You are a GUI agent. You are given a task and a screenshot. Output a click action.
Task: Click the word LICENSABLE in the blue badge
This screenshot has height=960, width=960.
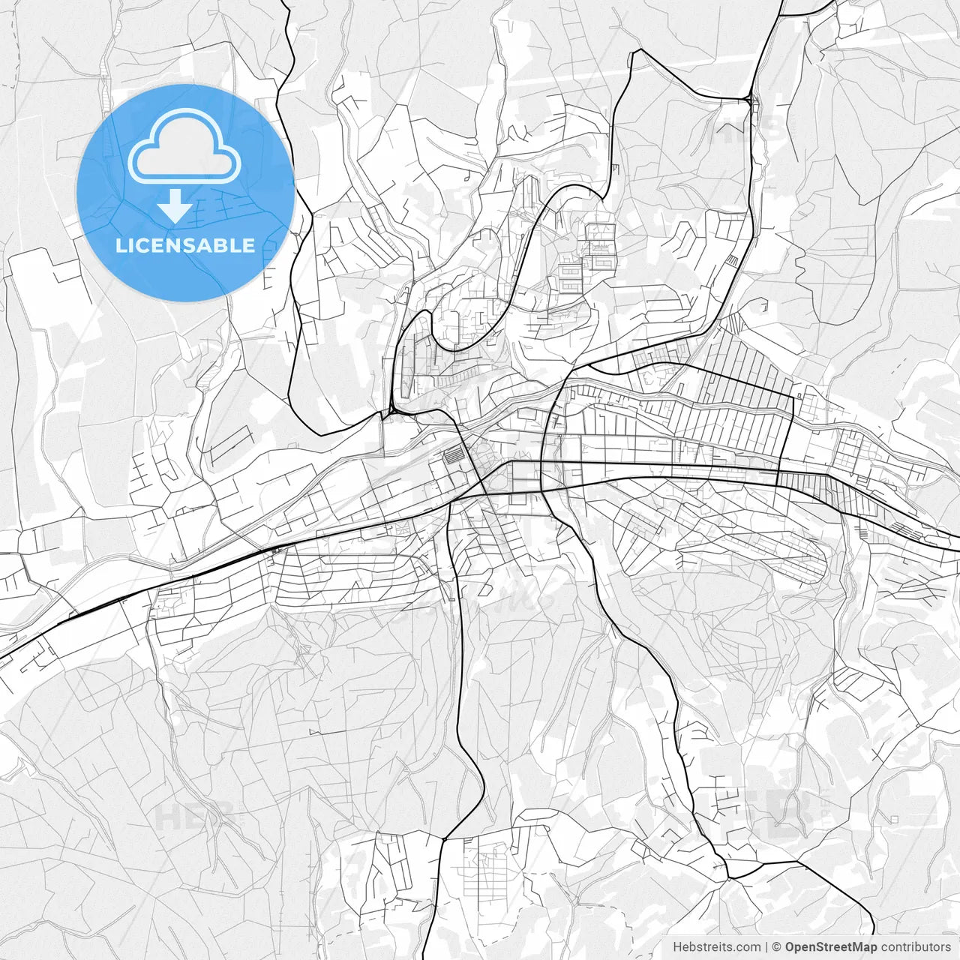185,246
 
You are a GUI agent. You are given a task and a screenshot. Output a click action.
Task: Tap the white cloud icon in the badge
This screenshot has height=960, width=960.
184,146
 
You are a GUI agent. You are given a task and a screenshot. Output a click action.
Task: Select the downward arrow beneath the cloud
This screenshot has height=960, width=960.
175,205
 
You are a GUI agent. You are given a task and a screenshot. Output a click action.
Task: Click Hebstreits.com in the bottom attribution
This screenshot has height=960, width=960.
716,947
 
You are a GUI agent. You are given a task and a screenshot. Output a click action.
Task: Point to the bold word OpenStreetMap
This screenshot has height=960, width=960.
830,947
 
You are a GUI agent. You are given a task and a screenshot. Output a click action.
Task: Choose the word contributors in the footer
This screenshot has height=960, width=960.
915,947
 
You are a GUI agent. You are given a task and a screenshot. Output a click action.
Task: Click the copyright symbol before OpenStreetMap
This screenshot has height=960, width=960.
777,947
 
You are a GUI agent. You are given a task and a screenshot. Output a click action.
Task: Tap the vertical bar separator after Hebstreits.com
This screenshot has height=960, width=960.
766,947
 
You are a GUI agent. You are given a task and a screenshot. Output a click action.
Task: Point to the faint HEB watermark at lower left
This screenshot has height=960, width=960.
187,816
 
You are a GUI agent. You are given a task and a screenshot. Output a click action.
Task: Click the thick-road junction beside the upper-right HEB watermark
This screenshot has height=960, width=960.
749,98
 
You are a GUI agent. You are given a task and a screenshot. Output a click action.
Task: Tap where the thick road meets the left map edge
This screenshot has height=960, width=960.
1,658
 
